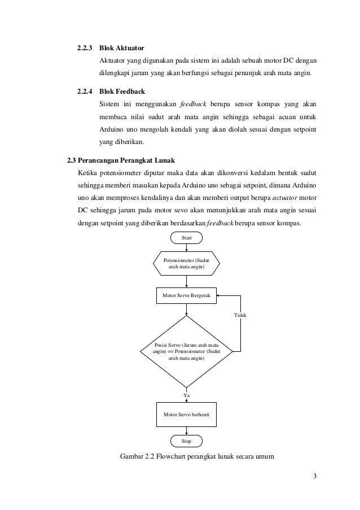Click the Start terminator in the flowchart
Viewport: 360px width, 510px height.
click(x=186, y=238)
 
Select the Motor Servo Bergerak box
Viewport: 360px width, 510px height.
click(x=186, y=295)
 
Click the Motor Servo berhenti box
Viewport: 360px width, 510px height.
click(x=186, y=414)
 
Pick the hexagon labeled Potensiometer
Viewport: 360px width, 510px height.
click(x=186, y=263)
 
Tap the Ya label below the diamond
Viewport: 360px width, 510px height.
click(x=187, y=395)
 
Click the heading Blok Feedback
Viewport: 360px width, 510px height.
click(x=122, y=90)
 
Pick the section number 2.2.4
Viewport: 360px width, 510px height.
click(x=85, y=90)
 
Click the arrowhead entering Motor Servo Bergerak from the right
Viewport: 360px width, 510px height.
click(x=219, y=295)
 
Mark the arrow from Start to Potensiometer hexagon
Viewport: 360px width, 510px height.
click(x=186, y=247)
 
